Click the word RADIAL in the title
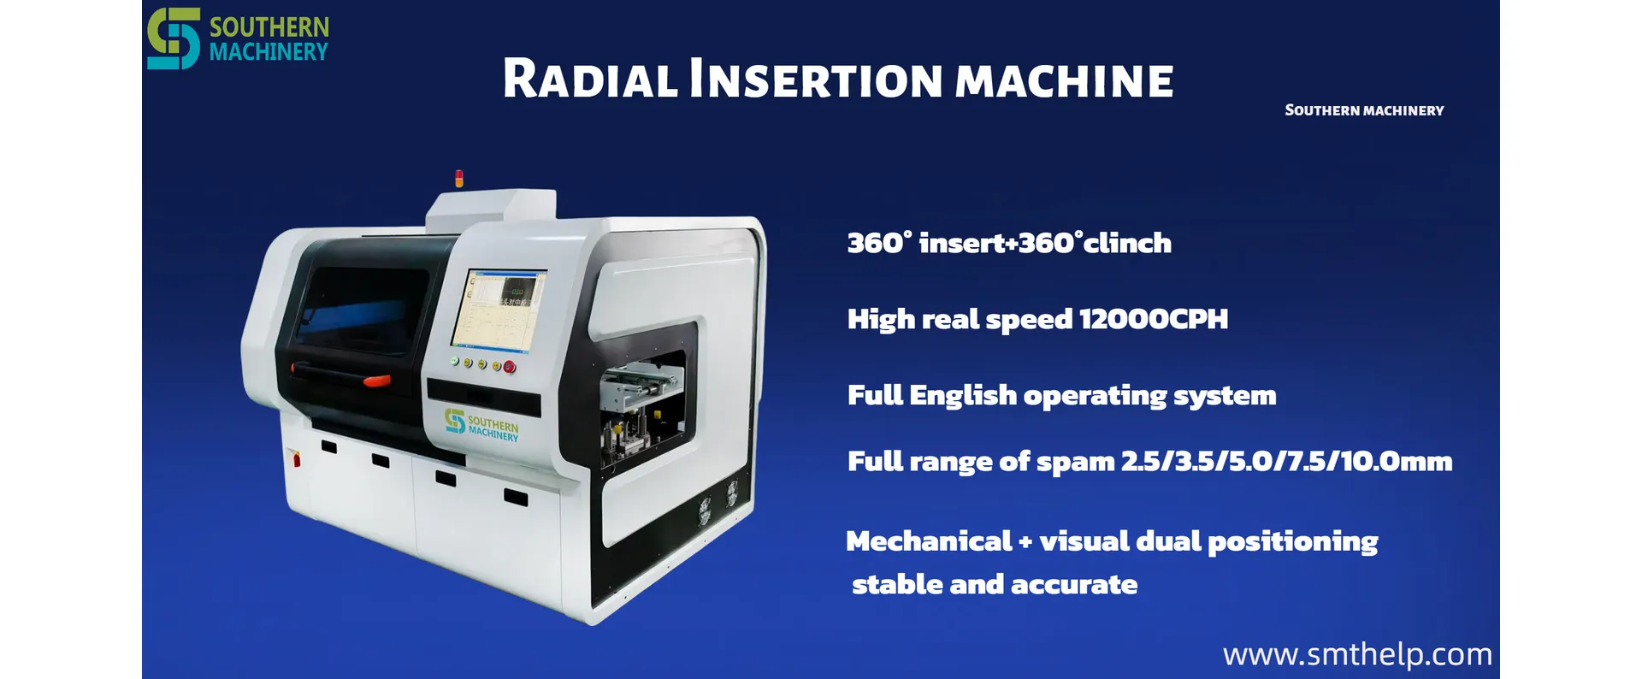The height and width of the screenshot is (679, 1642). [x=590, y=80]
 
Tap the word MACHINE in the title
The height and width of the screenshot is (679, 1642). [x=1064, y=82]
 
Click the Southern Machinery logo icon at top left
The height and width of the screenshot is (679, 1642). [x=174, y=38]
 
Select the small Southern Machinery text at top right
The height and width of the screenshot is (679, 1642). [x=1364, y=110]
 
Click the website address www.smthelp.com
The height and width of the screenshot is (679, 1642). [x=1357, y=654]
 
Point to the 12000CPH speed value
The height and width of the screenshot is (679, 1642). [x=1154, y=319]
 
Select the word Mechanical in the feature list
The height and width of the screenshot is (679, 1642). [x=929, y=541]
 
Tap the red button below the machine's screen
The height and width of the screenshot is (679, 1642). [x=510, y=367]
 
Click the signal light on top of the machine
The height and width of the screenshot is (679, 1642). [x=459, y=179]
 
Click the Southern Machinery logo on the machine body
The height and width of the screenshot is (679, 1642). [x=481, y=425]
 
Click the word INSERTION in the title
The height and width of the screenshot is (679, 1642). [x=817, y=80]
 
